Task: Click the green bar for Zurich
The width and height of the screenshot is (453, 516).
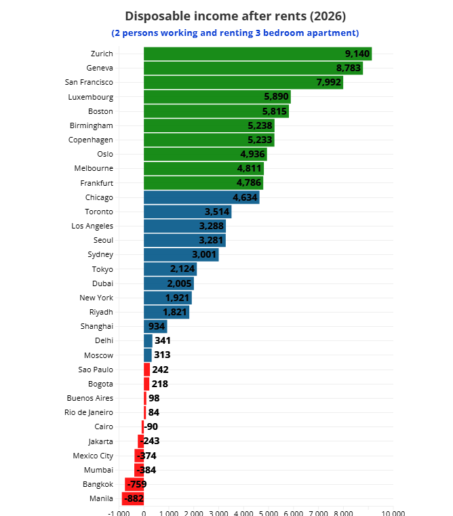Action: (x=258, y=54)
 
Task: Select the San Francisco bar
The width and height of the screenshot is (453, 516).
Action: (x=243, y=82)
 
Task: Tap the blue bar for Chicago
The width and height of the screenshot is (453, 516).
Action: (x=201, y=197)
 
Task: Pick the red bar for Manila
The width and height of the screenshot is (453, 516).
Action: (x=133, y=498)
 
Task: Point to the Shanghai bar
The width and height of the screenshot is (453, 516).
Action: (x=155, y=326)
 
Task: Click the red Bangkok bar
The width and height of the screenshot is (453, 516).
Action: (x=134, y=484)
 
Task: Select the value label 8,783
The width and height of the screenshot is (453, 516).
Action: (x=349, y=68)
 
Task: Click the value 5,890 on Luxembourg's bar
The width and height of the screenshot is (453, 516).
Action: (x=276, y=96)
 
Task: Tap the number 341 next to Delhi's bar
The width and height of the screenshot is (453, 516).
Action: (x=163, y=340)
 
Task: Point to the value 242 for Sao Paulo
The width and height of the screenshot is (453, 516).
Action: (x=160, y=370)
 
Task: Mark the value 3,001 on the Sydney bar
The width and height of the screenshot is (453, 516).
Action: (x=204, y=254)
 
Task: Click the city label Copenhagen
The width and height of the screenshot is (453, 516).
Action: (x=91, y=140)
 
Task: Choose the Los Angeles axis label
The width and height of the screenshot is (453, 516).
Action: (x=92, y=226)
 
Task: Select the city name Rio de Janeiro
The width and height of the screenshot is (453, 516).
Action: (x=89, y=412)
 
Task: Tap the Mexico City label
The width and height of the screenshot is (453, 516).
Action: (x=93, y=456)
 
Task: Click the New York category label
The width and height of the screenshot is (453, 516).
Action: (x=96, y=298)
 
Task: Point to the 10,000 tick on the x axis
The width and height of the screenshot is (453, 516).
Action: (x=393, y=513)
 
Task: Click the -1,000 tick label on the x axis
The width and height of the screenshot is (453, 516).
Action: (x=119, y=513)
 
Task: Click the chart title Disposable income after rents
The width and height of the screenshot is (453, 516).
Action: (x=235, y=16)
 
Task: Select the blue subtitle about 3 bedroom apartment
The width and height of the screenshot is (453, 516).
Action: (x=235, y=33)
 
